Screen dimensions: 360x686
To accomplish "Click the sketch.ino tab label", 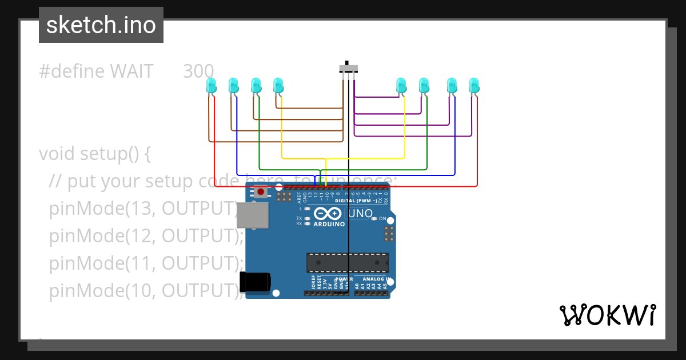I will (x=101, y=25).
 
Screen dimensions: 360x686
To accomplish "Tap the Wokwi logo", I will (x=607, y=315).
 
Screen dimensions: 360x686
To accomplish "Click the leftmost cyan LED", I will (x=211, y=86).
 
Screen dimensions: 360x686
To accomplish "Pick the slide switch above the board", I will (x=348, y=68).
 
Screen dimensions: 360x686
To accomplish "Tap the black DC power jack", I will (x=254, y=282).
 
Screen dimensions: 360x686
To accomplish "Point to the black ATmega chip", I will (x=347, y=262).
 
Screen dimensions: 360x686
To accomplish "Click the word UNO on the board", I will (x=360, y=214).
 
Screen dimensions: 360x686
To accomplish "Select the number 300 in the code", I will (x=198, y=71).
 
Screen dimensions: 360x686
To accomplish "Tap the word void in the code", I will (x=57, y=154).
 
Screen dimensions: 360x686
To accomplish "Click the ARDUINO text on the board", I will (x=329, y=224).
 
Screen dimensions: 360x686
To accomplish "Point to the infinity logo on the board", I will (x=328, y=214).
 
